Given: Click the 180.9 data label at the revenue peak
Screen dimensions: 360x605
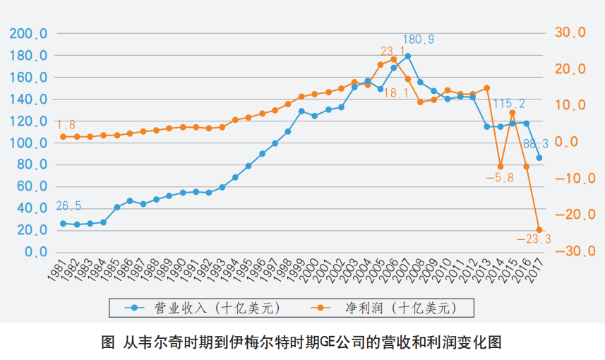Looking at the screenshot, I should (419, 40).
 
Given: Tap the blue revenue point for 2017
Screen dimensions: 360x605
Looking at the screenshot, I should (539, 157).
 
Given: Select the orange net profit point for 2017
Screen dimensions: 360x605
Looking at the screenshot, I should (539, 230).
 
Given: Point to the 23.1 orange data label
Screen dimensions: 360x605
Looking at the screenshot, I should (393, 52).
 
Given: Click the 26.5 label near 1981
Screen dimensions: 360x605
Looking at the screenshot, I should (69, 206).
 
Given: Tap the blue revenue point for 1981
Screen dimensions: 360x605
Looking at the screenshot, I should (63, 223).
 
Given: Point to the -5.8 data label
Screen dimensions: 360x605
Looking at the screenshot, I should (500, 177).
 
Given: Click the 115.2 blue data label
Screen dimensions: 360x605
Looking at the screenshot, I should (509, 104).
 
